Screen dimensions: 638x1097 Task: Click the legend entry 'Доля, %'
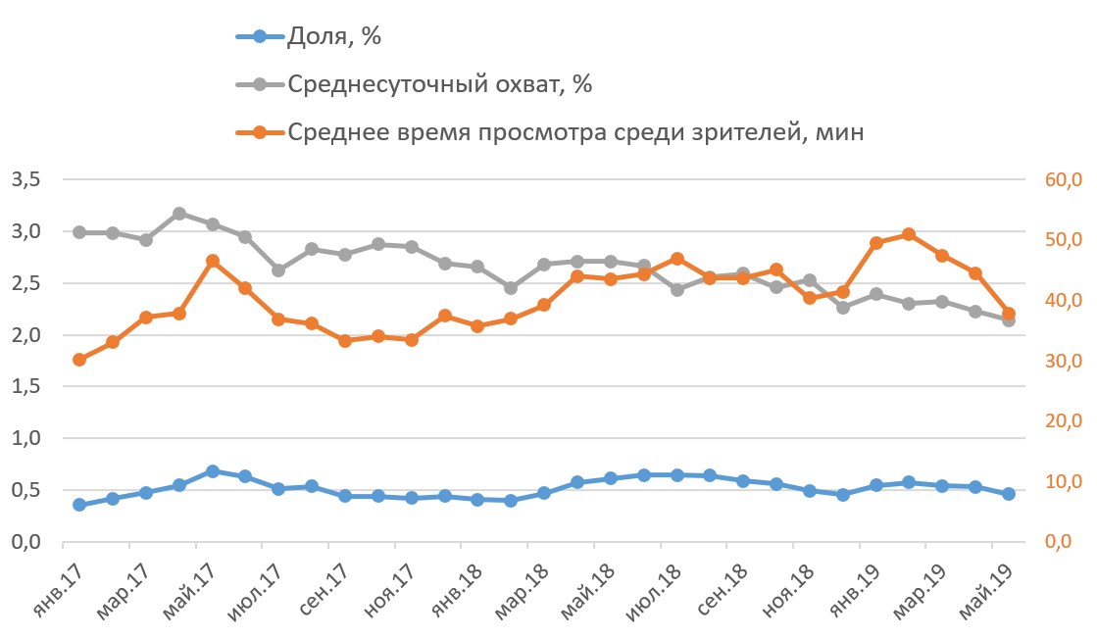point(333,37)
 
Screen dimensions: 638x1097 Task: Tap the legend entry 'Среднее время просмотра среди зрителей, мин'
point(575,131)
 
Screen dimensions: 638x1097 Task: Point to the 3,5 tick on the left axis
point(25,179)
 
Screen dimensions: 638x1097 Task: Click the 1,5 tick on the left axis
point(25,387)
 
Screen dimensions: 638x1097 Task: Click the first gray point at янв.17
point(79,232)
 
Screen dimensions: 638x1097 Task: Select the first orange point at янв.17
point(79,360)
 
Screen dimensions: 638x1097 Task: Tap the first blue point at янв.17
point(79,505)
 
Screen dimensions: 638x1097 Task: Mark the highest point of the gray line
point(179,214)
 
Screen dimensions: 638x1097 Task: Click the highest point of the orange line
point(909,234)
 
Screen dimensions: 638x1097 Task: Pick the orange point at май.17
point(213,261)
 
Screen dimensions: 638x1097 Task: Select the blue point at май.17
point(213,471)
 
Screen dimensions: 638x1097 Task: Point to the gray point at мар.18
point(544,265)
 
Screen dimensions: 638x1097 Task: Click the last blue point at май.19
point(1009,495)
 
